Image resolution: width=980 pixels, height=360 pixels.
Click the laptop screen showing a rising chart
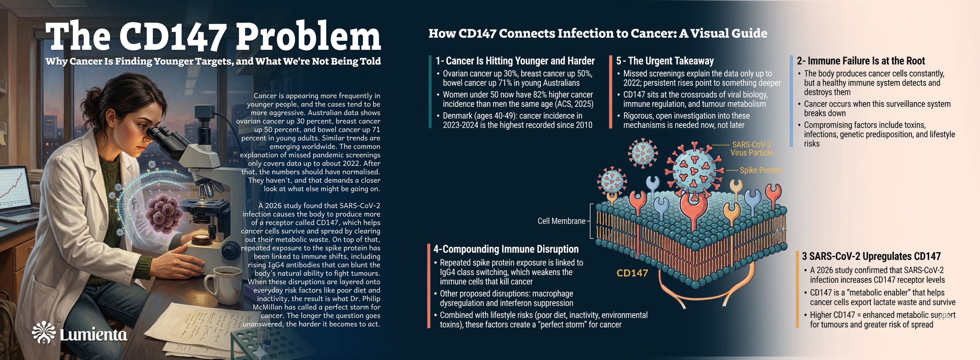click(x=15, y=188)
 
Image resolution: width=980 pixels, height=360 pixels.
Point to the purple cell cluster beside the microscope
click(x=165, y=213)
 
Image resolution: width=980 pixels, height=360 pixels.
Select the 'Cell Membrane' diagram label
click(x=561, y=221)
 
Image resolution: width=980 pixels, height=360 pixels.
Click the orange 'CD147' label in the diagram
click(x=632, y=273)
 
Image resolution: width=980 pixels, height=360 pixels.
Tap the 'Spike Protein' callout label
click(x=760, y=170)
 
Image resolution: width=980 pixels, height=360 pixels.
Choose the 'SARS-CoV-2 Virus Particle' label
click(x=751, y=149)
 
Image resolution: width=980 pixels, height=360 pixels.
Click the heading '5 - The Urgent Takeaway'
click(x=665, y=61)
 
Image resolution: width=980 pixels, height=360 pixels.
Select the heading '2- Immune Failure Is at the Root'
click(x=861, y=61)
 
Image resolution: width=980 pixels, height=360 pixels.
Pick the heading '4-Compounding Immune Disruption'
click(x=506, y=249)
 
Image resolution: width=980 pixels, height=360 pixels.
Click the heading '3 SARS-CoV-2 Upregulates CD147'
click(x=871, y=256)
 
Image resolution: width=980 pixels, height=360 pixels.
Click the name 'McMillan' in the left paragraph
click(x=268, y=307)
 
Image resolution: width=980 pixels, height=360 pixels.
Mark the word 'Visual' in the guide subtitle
click(x=709, y=34)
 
